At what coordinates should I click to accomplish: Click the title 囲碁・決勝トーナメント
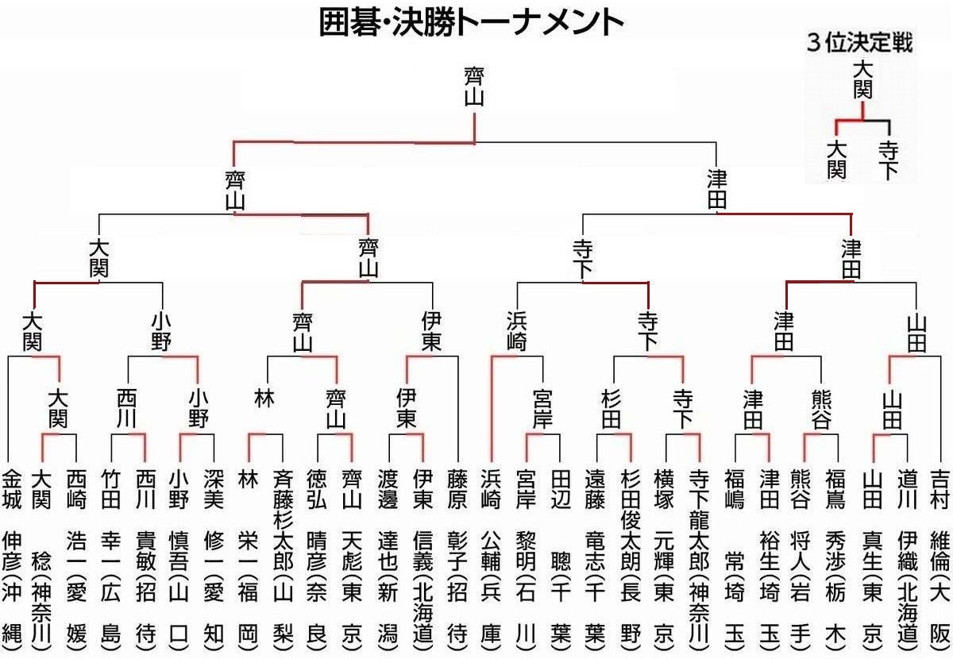(x=472, y=23)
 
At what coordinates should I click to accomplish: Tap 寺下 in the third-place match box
(x=888, y=159)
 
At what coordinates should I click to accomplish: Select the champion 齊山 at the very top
(x=475, y=86)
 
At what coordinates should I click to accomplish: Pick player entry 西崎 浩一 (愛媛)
(x=75, y=556)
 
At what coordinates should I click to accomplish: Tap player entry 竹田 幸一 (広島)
(x=111, y=556)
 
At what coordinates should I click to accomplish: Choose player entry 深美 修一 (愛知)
(x=214, y=556)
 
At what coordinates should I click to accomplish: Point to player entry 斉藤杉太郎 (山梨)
(x=283, y=556)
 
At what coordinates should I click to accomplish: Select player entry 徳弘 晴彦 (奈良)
(x=317, y=556)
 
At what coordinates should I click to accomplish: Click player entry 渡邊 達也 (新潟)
(x=388, y=556)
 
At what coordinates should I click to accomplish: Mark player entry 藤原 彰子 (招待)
(x=457, y=556)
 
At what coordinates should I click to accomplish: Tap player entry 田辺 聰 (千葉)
(x=560, y=556)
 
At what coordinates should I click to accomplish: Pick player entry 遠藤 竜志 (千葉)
(x=595, y=556)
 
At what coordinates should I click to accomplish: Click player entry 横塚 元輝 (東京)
(x=665, y=556)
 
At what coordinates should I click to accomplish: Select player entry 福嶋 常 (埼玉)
(x=735, y=556)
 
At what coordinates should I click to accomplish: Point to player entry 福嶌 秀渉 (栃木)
(x=836, y=556)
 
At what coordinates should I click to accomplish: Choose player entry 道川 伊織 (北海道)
(x=907, y=556)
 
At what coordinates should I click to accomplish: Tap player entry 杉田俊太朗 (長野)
(x=631, y=556)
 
